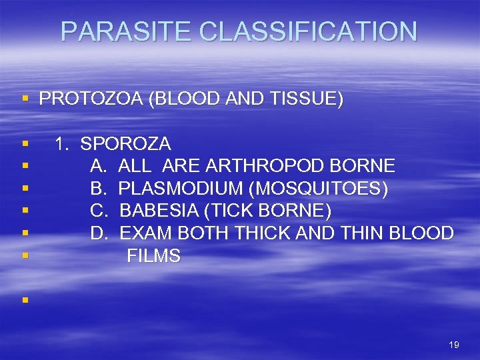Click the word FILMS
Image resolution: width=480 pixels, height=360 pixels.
click(153, 256)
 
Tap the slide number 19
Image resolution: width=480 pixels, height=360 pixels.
click(454, 345)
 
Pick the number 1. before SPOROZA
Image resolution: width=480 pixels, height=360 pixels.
click(63, 143)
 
